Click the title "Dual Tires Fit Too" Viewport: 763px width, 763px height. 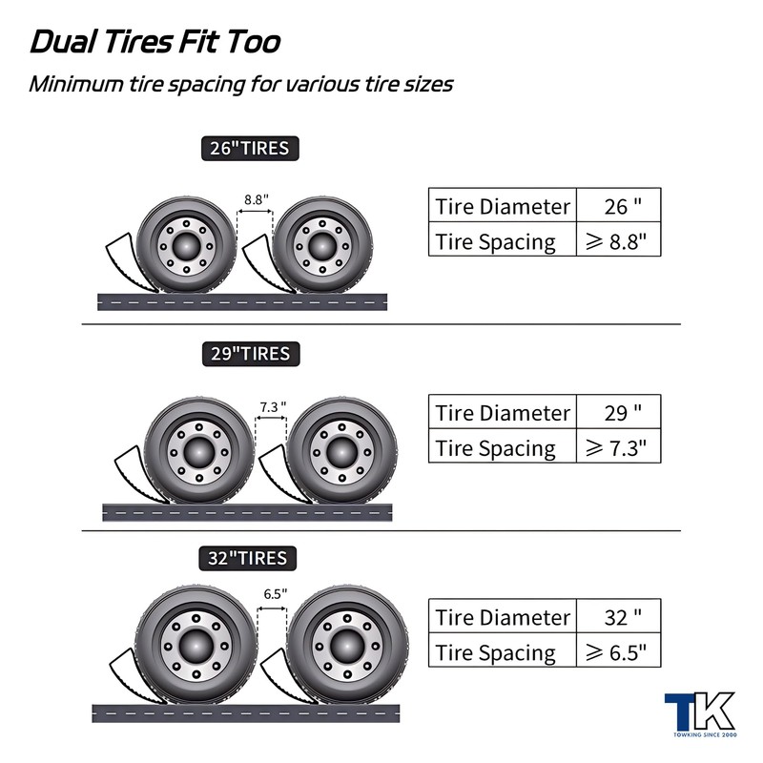pos(155,43)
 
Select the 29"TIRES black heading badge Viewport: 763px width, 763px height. pos(250,354)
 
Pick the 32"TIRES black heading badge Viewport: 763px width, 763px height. pos(248,558)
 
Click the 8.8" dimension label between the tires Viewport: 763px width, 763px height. pos(255,199)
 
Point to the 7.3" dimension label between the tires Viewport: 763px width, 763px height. pos(272,407)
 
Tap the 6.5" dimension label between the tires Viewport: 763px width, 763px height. pos(275,593)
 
